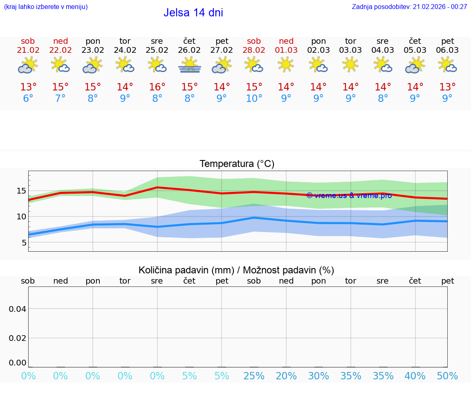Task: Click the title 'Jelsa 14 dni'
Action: tap(193, 13)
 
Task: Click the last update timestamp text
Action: tap(409, 7)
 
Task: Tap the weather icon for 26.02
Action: tap(189, 65)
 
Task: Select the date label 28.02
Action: tap(254, 50)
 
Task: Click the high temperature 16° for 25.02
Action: tap(157, 87)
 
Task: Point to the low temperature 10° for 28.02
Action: tap(254, 99)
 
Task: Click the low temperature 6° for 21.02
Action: tap(28, 99)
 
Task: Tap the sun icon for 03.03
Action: tap(350, 65)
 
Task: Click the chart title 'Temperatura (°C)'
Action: tap(237, 164)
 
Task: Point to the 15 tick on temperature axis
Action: tap(21, 191)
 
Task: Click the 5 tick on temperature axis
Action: tap(24, 243)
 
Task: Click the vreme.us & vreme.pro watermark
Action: tap(349, 196)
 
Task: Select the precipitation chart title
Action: tap(236, 270)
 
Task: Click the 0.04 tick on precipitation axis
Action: tap(17, 309)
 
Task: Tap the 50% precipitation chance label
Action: tap(447, 376)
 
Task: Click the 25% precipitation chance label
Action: tap(254, 376)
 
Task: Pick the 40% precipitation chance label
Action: tap(415, 376)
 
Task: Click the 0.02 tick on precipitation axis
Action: tap(17, 338)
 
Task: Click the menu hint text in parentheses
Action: tap(46, 7)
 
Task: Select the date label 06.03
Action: tap(447, 50)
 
